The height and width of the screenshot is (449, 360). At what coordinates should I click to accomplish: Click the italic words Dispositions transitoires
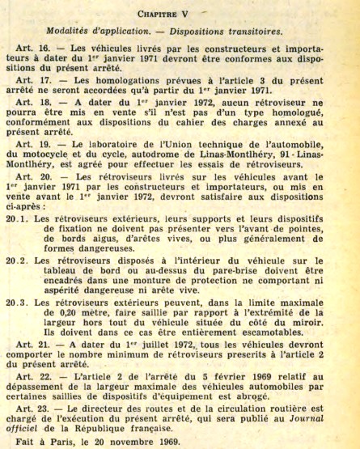(228, 32)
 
